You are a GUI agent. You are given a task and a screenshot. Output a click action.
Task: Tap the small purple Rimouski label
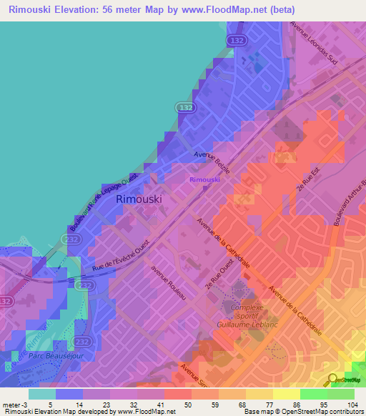click(x=204, y=180)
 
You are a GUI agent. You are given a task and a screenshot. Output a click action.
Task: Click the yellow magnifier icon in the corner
click(x=334, y=379)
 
